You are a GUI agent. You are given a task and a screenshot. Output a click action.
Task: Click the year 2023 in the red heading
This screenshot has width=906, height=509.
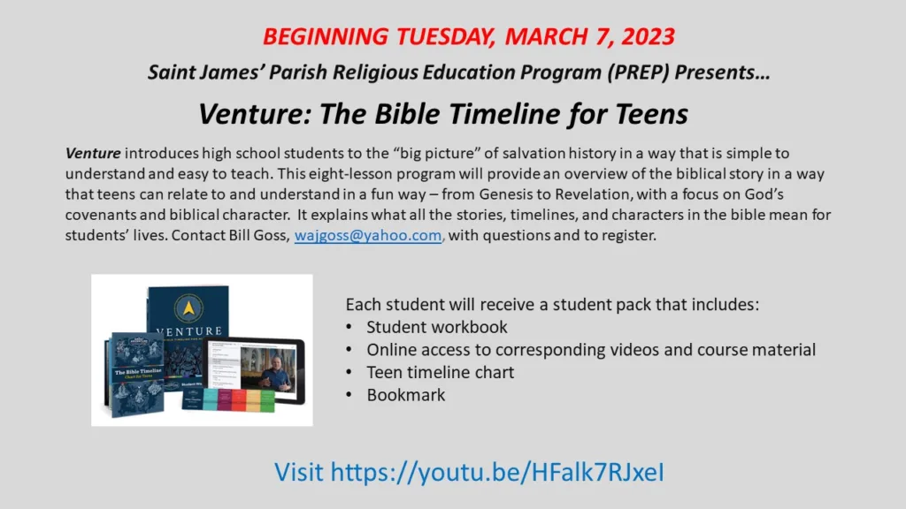[649, 36]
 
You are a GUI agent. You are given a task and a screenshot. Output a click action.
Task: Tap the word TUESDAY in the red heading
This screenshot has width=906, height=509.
[446, 36]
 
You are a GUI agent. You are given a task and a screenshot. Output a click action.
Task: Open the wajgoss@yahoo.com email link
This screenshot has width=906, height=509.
[368, 235]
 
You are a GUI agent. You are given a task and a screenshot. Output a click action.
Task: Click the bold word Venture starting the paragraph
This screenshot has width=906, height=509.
[93, 154]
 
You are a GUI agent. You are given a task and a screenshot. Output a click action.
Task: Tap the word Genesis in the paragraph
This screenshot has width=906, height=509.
[506, 194]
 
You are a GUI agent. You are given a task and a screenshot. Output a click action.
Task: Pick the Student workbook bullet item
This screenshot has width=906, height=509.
[437, 327]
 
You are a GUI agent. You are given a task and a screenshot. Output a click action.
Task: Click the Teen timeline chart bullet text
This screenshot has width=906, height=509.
[441, 373]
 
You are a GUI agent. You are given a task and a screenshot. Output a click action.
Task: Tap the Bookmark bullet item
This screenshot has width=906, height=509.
[406, 395]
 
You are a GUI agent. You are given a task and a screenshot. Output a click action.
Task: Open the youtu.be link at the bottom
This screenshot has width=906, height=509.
[497, 472]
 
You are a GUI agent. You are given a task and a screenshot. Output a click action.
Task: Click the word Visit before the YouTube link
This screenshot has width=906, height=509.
[299, 472]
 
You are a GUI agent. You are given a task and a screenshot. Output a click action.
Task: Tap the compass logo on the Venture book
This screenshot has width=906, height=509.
[189, 308]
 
